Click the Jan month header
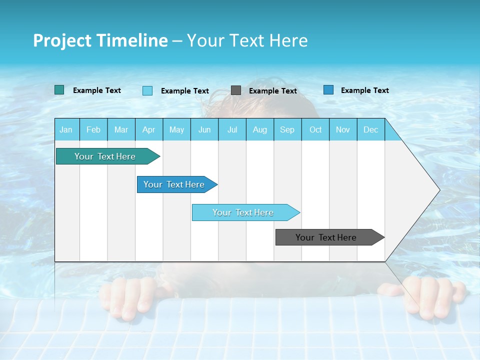point(66,129)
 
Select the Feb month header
point(93,129)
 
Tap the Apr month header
point(149,129)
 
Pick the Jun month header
point(204,129)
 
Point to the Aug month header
point(260,129)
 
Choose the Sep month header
point(287,129)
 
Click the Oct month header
point(315,129)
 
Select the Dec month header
point(371,129)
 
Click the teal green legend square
point(59,90)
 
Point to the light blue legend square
point(147,90)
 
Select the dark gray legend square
point(236,90)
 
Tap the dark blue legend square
point(328,90)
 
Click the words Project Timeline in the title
point(100,40)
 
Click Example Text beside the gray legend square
point(273,91)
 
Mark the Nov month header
point(343,129)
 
